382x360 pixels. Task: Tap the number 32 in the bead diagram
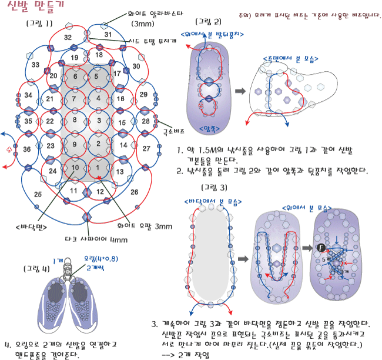68,38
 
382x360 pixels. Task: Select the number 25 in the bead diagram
38,194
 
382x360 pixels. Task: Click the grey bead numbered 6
75,77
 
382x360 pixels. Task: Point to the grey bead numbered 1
98,168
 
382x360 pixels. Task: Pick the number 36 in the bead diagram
26,150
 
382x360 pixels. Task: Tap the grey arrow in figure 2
240,91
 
